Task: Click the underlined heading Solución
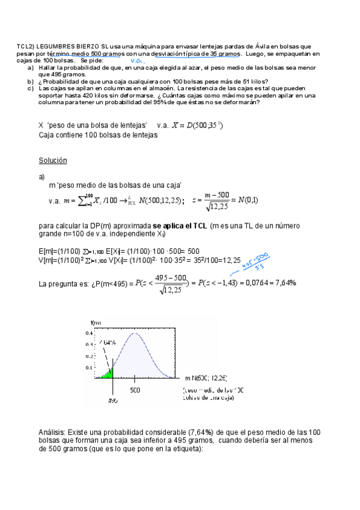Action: (x=52, y=161)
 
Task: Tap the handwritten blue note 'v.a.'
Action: (x=136, y=61)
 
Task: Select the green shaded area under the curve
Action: (x=106, y=373)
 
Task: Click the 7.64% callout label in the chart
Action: (x=108, y=342)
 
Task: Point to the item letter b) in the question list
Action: (x=30, y=81)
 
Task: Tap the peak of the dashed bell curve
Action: (x=138, y=334)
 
